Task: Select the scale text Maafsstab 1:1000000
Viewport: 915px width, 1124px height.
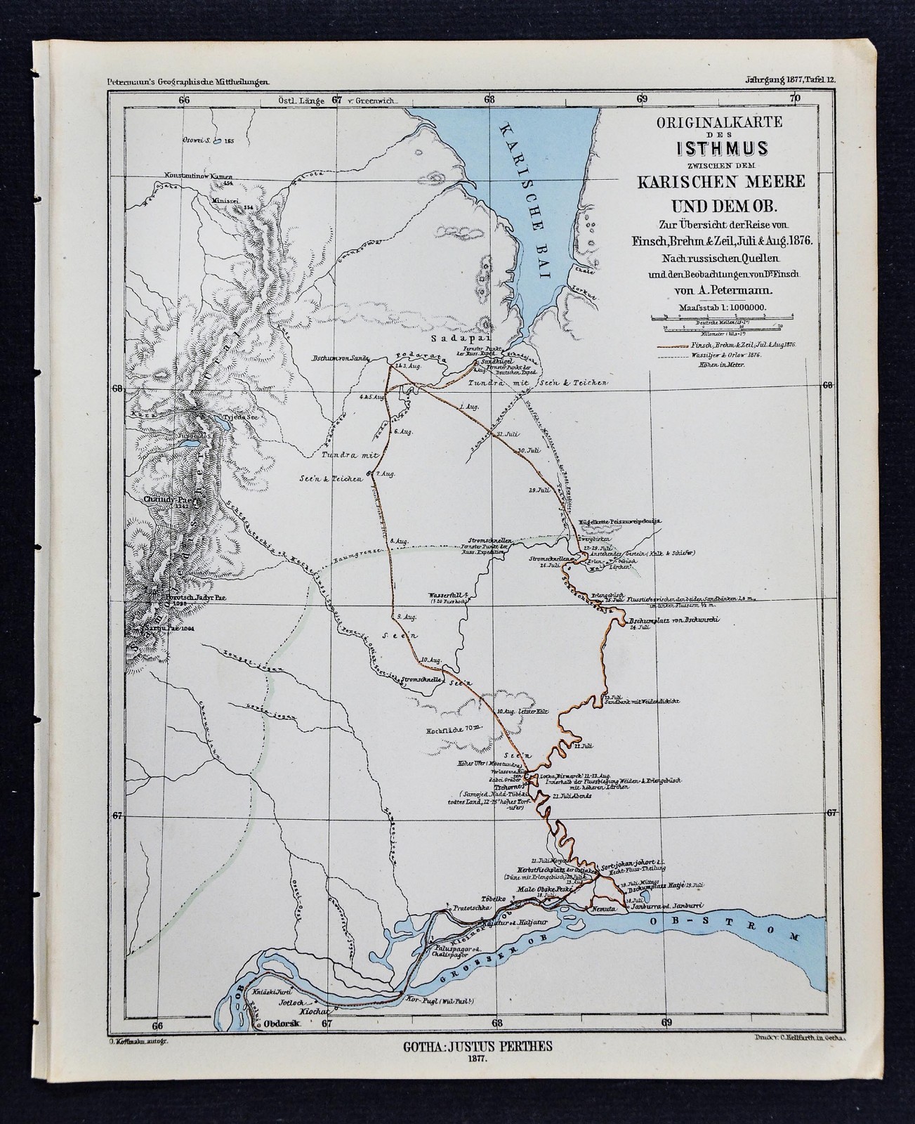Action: [724, 307]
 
